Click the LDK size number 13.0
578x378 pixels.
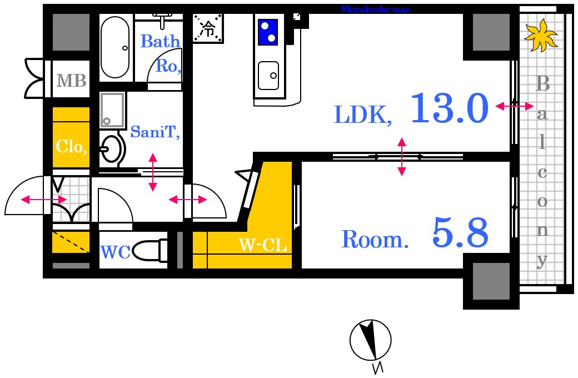coord(450,108)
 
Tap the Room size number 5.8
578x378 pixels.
coord(460,232)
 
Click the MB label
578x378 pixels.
coord(71,81)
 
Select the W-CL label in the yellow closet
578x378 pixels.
coord(263,245)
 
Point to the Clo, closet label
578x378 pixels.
coord(72,147)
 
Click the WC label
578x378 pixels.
coord(116,252)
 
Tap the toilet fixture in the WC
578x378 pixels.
coord(150,251)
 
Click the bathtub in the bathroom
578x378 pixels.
coord(116,47)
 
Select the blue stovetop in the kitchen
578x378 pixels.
coord(268,32)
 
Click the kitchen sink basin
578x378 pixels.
coord(268,76)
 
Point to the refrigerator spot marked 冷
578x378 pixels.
coord(208,28)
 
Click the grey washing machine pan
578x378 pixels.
coord(112,110)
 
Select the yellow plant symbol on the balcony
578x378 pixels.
coord(541,36)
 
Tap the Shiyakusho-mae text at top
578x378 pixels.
coord(375,9)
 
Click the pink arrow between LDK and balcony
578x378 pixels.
coord(514,106)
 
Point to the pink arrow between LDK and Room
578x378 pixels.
coord(402,156)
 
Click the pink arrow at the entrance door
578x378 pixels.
coord(43,200)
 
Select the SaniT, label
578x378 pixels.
coord(155,132)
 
